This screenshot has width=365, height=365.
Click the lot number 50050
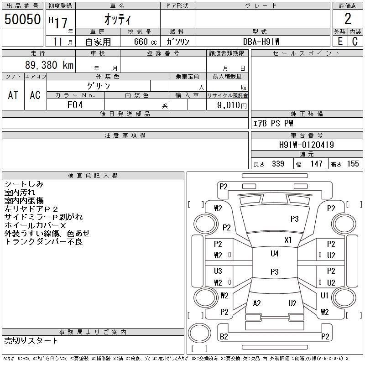click(22, 19)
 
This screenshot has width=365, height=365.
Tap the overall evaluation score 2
click(348, 19)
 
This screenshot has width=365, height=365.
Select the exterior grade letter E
click(340, 41)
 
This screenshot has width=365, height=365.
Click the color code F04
click(75, 104)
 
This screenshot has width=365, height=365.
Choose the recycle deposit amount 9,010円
click(233, 105)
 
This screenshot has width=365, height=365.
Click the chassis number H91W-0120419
click(307, 145)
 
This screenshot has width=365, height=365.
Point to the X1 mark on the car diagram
click(288, 240)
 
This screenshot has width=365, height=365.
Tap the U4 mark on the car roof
click(274, 254)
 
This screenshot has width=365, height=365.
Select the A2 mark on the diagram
click(257, 303)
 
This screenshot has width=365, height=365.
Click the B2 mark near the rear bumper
click(224, 337)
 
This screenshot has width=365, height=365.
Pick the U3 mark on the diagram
click(218, 271)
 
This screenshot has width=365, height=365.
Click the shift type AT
click(13, 95)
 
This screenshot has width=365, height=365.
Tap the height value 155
click(353, 164)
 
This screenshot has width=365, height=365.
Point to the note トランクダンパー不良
click(43, 242)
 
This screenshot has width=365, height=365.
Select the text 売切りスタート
click(31, 340)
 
